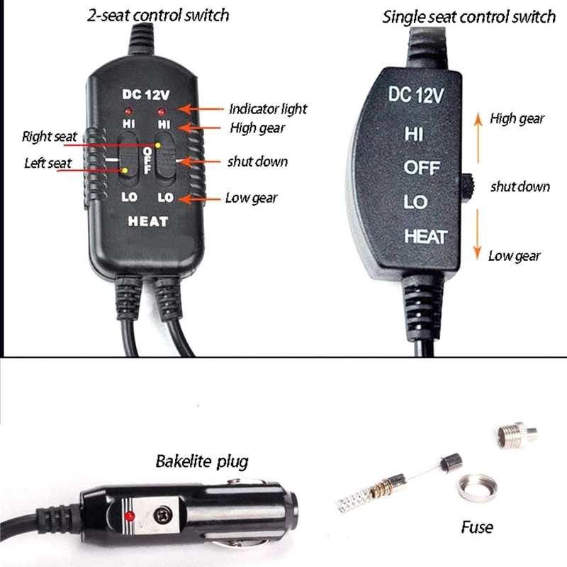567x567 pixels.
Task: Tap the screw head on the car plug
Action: [x=163, y=515]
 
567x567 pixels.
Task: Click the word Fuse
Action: [x=477, y=527]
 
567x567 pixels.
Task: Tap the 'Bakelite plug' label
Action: [x=202, y=462]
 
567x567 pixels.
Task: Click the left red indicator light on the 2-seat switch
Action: [x=128, y=111]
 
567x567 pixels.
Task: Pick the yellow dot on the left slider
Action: [x=125, y=170]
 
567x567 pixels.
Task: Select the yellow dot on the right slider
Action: [x=157, y=145]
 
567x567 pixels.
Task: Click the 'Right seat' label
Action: [x=50, y=136]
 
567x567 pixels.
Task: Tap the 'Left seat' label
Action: [x=48, y=163]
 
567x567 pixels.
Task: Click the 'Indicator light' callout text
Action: [x=268, y=109]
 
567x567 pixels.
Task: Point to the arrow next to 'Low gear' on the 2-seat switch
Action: [x=200, y=199]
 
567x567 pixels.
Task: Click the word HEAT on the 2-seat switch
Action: [x=148, y=221]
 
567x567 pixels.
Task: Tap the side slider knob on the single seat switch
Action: [x=468, y=186]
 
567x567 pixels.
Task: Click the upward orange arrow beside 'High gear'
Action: [x=478, y=137]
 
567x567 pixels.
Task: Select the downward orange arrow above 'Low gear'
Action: [x=477, y=235]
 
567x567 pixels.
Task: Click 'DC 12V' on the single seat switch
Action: [x=416, y=95]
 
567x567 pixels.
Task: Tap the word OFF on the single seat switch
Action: [x=422, y=168]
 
